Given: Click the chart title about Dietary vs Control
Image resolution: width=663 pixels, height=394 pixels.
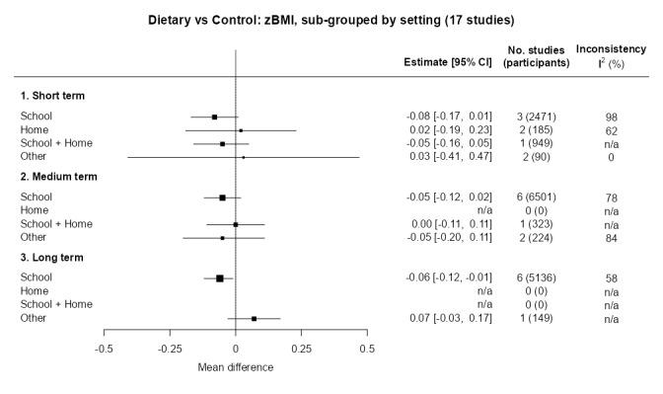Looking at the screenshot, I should [x=331, y=20].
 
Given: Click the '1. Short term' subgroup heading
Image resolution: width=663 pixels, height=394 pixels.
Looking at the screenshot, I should [x=53, y=96].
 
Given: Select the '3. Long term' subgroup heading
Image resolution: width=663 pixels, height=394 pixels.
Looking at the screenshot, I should [x=53, y=258].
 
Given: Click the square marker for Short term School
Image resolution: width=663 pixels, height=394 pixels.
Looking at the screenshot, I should [x=214, y=117].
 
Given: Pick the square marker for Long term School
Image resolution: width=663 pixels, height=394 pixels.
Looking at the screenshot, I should [x=220, y=278].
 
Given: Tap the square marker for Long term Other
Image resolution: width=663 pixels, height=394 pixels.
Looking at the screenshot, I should [x=254, y=319].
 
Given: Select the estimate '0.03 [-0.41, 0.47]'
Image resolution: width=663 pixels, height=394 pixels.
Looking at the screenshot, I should [x=449, y=157].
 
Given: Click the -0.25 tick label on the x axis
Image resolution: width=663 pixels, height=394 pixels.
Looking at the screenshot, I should [x=170, y=350].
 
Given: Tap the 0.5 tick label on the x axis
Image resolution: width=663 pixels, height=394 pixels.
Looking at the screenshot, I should [x=366, y=350].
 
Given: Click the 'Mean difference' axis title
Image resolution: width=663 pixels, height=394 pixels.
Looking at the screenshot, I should [x=235, y=368].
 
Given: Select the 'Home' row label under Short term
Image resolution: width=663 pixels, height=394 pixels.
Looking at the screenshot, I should [x=34, y=130].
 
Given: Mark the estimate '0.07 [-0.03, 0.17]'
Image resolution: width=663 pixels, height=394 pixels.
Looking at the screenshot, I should [x=449, y=319].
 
